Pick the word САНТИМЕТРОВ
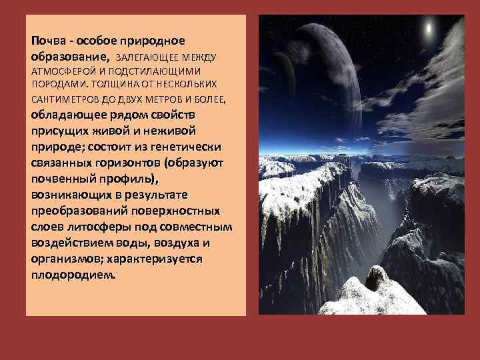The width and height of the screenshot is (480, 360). point(63,99)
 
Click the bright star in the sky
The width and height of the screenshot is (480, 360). point(428,29)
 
